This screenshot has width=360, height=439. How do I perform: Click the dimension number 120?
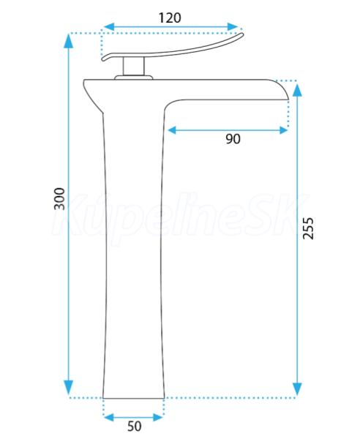coord(170,18)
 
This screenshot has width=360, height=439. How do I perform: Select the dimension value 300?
coord(59,198)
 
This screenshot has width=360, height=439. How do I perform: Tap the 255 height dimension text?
coord(308,228)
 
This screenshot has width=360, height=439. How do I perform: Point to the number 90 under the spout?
coord(233,139)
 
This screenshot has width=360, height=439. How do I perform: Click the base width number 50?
coord(135,427)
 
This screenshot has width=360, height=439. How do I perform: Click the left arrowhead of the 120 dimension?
coord(109,27)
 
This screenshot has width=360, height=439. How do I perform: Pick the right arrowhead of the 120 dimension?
coord(233,27)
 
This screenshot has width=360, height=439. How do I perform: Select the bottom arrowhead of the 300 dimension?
coord(69,388)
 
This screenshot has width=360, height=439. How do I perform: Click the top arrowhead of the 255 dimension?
coord(298,90)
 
